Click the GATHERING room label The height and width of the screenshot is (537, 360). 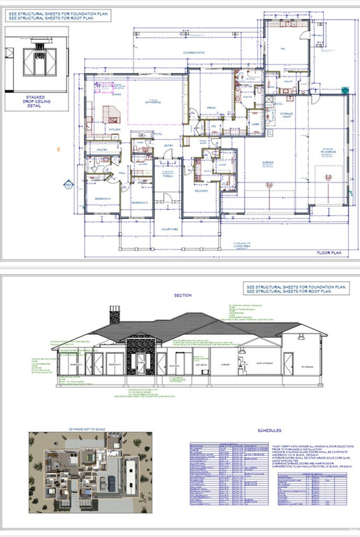tap(153, 102)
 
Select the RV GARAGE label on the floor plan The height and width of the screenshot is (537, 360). tap(328, 151)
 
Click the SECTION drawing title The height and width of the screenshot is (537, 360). tap(183, 295)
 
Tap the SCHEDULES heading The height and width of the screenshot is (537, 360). tap(269, 431)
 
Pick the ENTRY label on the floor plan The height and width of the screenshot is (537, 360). tap(168, 145)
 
